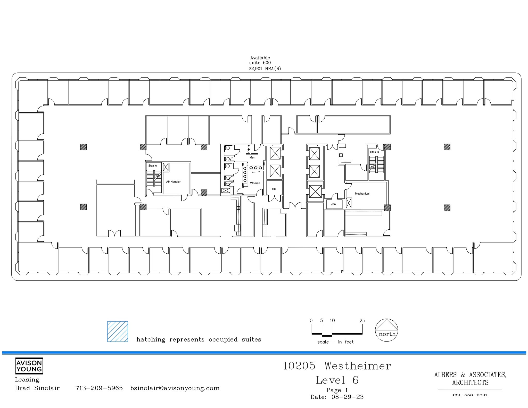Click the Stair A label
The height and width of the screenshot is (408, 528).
pos(152,166)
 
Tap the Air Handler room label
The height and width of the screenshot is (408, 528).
pos(173,182)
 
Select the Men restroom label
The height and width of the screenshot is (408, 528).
pos(252,157)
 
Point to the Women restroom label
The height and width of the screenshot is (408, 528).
pos(255,183)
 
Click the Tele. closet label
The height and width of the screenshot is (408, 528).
pos(273,189)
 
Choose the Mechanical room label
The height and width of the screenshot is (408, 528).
pos(362,194)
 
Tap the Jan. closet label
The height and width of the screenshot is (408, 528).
pos(334,204)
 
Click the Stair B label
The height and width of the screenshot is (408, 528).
pos(374,152)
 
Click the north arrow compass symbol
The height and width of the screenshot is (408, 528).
pos(386,330)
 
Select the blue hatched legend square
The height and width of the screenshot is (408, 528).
pos(118,331)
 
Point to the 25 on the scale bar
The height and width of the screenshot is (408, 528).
pos(362,321)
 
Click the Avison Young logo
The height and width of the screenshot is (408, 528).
pos(29,366)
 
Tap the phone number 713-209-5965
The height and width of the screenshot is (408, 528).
pos(99,388)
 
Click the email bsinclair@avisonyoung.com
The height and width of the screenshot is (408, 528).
pos(175,388)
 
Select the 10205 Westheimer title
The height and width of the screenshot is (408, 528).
pos(337,366)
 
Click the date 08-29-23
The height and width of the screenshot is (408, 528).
pos(347,397)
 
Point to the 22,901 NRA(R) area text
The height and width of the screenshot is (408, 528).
pos(265,69)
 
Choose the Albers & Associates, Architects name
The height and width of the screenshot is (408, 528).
pos(470,378)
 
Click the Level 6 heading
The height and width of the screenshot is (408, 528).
pos(337,380)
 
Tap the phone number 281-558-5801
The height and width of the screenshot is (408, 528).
pos(470,395)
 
